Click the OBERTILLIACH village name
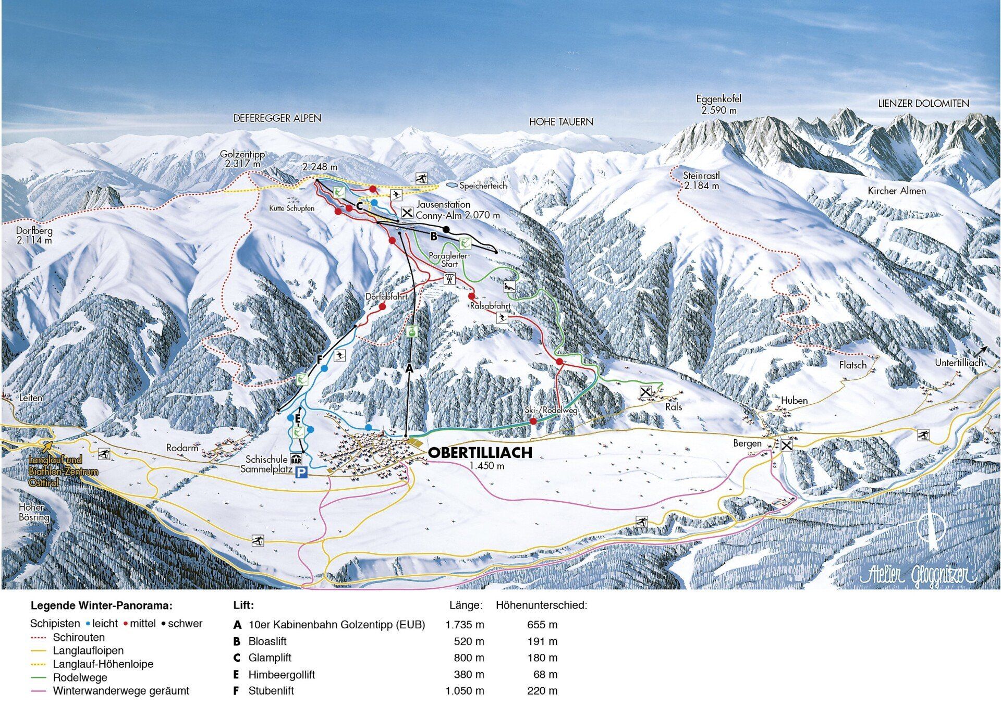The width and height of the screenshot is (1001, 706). [x=480, y=452]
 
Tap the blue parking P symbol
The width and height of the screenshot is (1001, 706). [x=301, y=473]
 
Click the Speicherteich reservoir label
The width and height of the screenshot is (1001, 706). [x=483, y=185]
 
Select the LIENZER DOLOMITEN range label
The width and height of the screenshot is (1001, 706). [x=923, y=104]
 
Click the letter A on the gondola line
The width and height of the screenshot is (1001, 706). [x=409, y=368]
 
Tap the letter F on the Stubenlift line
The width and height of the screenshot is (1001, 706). [x=320, y=359]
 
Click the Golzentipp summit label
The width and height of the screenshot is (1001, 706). [x=242, y=159]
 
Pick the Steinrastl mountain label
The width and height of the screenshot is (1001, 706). [x=701, y=180]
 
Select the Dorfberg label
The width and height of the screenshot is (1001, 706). [x=34, y=235]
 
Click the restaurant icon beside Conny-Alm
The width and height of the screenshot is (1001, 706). [x=407, y=213]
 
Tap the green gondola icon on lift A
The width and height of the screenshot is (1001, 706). [x=412, y=330]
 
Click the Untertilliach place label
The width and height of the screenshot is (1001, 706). [x=958, y=363]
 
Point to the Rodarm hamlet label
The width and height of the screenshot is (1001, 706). [x=182, y=448]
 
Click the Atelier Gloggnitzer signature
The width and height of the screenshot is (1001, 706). [x=918, y=574]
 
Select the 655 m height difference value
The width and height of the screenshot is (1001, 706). [x=542, y=624]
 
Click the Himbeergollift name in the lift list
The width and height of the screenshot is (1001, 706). [x=282, y=674]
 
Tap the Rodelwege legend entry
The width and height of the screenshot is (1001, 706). [x=80, y=677]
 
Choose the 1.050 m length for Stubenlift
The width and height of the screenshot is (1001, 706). [x=465, y=690]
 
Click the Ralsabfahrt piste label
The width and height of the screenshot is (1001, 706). [x=490, y=306]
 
